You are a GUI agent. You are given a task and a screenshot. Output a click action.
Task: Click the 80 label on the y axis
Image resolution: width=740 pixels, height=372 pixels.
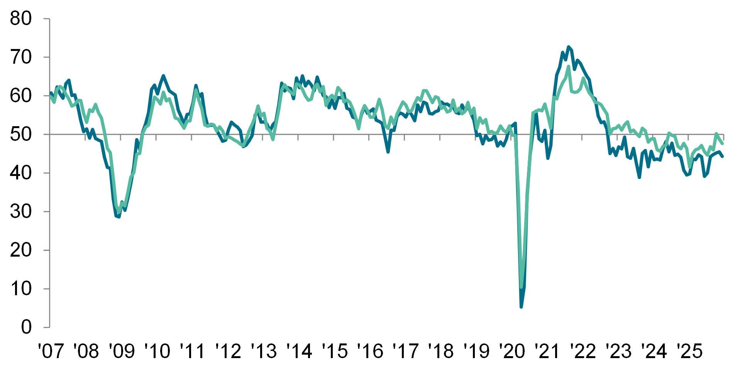pyautogui.click(x=20, y=19)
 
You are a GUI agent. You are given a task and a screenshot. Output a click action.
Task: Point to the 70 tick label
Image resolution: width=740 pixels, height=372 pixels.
pyautogui.click(x=20, y=57)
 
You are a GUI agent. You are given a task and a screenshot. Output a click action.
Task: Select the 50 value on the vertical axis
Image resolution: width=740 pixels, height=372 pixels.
pyautogui.click(x=20, y=134)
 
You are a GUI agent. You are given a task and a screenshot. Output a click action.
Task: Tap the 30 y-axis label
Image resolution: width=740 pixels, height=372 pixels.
pyautogui.click(x=20, y=211)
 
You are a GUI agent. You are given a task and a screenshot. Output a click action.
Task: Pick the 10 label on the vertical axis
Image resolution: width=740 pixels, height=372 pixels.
pyautogui.click(x=20, y=289)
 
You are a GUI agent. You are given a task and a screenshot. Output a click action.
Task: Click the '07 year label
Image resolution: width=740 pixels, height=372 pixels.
pyautogui.click(x=51, y=351)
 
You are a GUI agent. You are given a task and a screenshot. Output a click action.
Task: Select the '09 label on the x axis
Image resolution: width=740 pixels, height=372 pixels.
pyautogui.click(x=122, y=351)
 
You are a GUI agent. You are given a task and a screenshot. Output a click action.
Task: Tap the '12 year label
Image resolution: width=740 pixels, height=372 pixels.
pyautogui.click(x=228, y=351)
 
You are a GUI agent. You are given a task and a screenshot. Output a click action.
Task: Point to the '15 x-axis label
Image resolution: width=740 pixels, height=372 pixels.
pyautogui.click(x=335, y=351)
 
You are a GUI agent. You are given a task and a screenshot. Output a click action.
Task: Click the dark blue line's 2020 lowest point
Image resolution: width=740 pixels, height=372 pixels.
pyautogui.click(x=521, y=307)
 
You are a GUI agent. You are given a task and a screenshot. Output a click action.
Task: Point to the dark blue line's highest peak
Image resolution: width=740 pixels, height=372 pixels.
pyautogui.click(x=568, y=47)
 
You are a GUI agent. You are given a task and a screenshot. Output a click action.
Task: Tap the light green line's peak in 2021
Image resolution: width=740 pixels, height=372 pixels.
pyautogui.click(x=568, y=67)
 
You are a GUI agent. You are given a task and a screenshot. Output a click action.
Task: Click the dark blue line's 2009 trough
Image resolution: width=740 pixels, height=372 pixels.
pyautogui.click(x=119, y=217)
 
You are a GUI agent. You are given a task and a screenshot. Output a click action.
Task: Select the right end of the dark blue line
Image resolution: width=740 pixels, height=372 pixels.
pyautogui.click(x=723, y=156)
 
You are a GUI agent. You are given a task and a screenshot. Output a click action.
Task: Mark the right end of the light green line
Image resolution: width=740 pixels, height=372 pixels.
pyautogui.click(x=723, y=144)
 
